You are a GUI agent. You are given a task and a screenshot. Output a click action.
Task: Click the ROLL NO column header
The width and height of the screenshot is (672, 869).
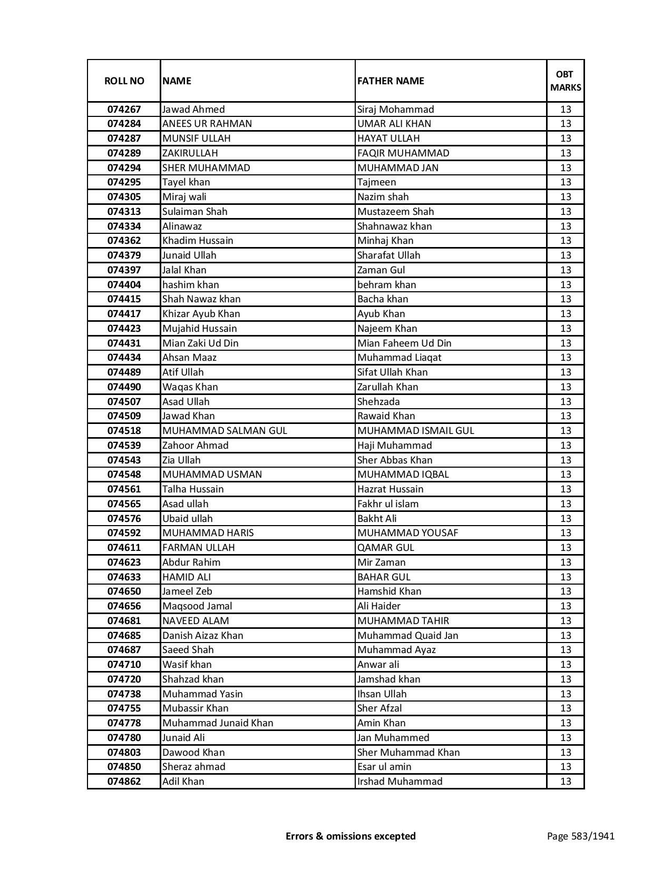[124, 81]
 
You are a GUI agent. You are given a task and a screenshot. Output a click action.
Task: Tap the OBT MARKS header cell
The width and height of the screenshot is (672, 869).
[566, 81]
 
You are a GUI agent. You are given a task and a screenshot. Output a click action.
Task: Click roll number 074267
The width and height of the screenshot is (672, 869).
[124, 110]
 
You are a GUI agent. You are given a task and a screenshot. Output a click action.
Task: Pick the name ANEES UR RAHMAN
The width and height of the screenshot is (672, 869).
[207, 124]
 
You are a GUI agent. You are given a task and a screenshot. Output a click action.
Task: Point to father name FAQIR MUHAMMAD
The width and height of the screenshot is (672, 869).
[403, 153]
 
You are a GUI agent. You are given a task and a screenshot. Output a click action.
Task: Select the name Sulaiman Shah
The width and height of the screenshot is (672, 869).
[195, 212]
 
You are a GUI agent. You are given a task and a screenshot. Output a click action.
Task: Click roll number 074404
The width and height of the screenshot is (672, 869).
[124, 285]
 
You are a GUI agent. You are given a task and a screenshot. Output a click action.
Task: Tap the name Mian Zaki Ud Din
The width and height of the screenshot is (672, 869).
[200, 343]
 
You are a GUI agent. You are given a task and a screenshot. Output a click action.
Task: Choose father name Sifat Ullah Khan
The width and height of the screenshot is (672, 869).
[393, 372]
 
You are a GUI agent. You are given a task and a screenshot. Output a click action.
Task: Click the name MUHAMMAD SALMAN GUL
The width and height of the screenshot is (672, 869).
[225, 431]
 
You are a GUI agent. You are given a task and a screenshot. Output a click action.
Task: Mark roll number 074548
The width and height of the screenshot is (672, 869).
[124, 475]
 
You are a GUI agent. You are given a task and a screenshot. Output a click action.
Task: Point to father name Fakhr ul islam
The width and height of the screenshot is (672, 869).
[388, 504]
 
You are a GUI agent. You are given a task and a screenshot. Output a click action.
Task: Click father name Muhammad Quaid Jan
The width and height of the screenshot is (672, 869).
[408, 636]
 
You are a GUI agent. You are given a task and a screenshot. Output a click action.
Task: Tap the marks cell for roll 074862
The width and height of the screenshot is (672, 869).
[566, 782]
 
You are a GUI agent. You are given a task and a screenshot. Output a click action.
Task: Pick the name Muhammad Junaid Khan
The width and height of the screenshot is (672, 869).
[218, 723]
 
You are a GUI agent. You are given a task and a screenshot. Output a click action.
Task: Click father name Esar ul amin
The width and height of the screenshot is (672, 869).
[384, 767]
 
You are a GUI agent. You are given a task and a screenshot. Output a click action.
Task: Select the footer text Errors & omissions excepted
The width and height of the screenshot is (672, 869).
[350, 836]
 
